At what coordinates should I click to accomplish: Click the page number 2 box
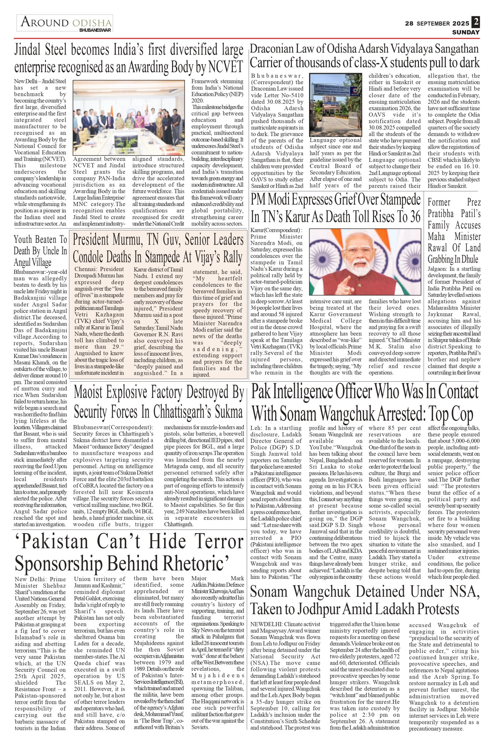476,22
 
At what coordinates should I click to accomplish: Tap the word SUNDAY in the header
466,32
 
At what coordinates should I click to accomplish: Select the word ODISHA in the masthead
92,23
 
